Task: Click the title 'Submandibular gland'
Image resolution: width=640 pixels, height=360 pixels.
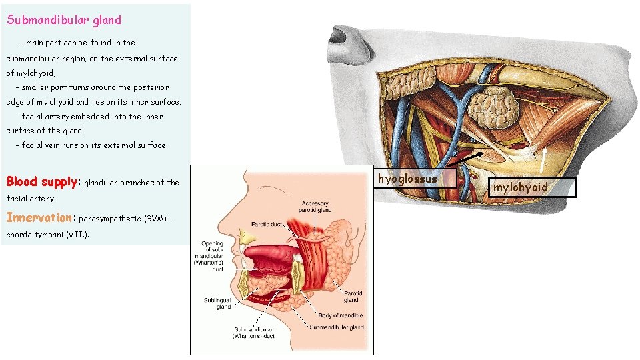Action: pos(64,20)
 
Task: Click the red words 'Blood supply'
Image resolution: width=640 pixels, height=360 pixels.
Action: pos(41,182)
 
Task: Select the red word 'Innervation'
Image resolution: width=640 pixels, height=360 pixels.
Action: pos(40,217)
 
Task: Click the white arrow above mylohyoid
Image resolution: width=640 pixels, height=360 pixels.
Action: pos(544,159)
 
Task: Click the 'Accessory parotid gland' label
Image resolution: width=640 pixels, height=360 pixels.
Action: pos(315,207)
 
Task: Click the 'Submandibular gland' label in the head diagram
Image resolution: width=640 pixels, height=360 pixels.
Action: pos(336,327)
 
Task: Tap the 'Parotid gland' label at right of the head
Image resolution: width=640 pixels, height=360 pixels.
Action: pos(354,296)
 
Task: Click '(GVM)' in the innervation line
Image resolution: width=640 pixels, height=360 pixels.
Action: pos(153,218)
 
